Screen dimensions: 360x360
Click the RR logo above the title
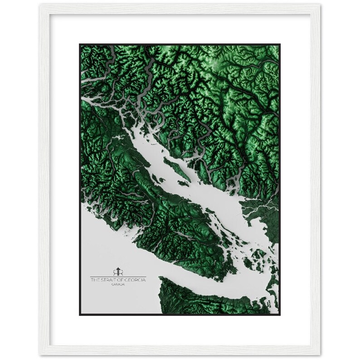(x=118, y=271)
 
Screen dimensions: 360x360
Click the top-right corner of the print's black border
(x=279, y=44)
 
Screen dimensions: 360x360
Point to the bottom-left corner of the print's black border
(x=80, y=314)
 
